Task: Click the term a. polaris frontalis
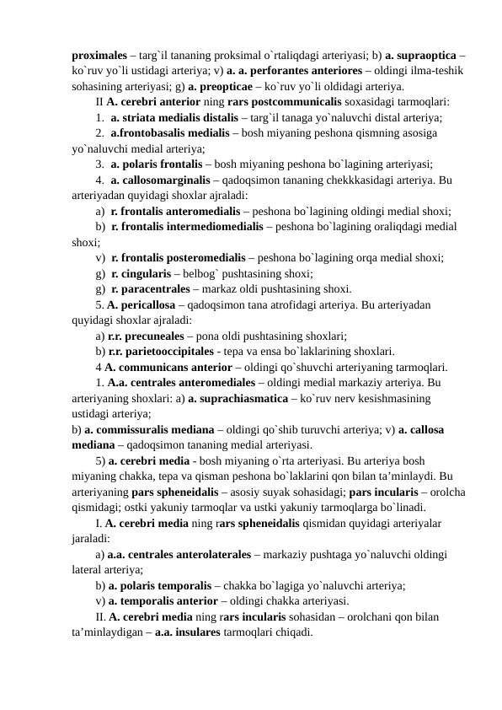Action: point(158,164)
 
